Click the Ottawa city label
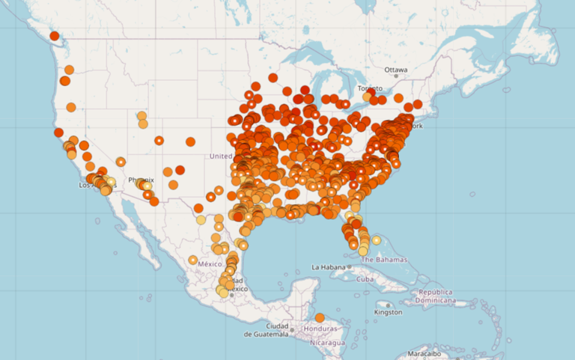click(x=396, y=70)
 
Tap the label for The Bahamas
click(x=386, y=260)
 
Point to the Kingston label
click(x=388, y=312)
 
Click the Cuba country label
click(x=365, y=279)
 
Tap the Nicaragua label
click(x=323, y=343)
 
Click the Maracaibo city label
click(x=428, y=353)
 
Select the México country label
click(x=210, y=264)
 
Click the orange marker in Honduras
click(x=320, y=317)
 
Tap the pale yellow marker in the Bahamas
click(x=377, y=240)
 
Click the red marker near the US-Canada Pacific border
click(x=54, y=36)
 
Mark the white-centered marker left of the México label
click(x=192, y=260)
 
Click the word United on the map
click(x=221, y=156)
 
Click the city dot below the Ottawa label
click(x=396, y=76)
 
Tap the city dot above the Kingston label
click(x=388, y=305)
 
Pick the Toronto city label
click(x=369, y=88)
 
